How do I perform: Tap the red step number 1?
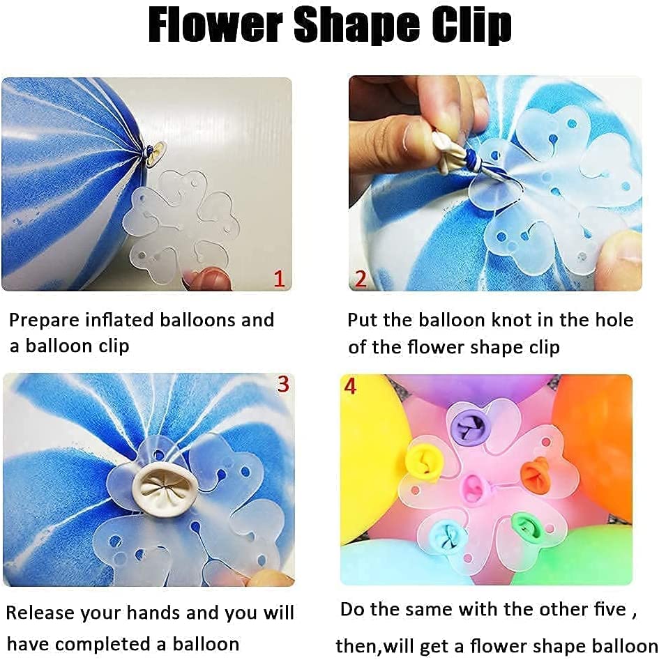coord(279,279)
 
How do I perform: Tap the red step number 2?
coord(360,279)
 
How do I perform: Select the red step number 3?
coord(282,384)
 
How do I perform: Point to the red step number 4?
coord(350,385)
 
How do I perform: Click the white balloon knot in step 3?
coord(161,487)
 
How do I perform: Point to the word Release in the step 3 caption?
coord(40,613)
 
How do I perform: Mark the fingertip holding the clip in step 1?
coord(203,279)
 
